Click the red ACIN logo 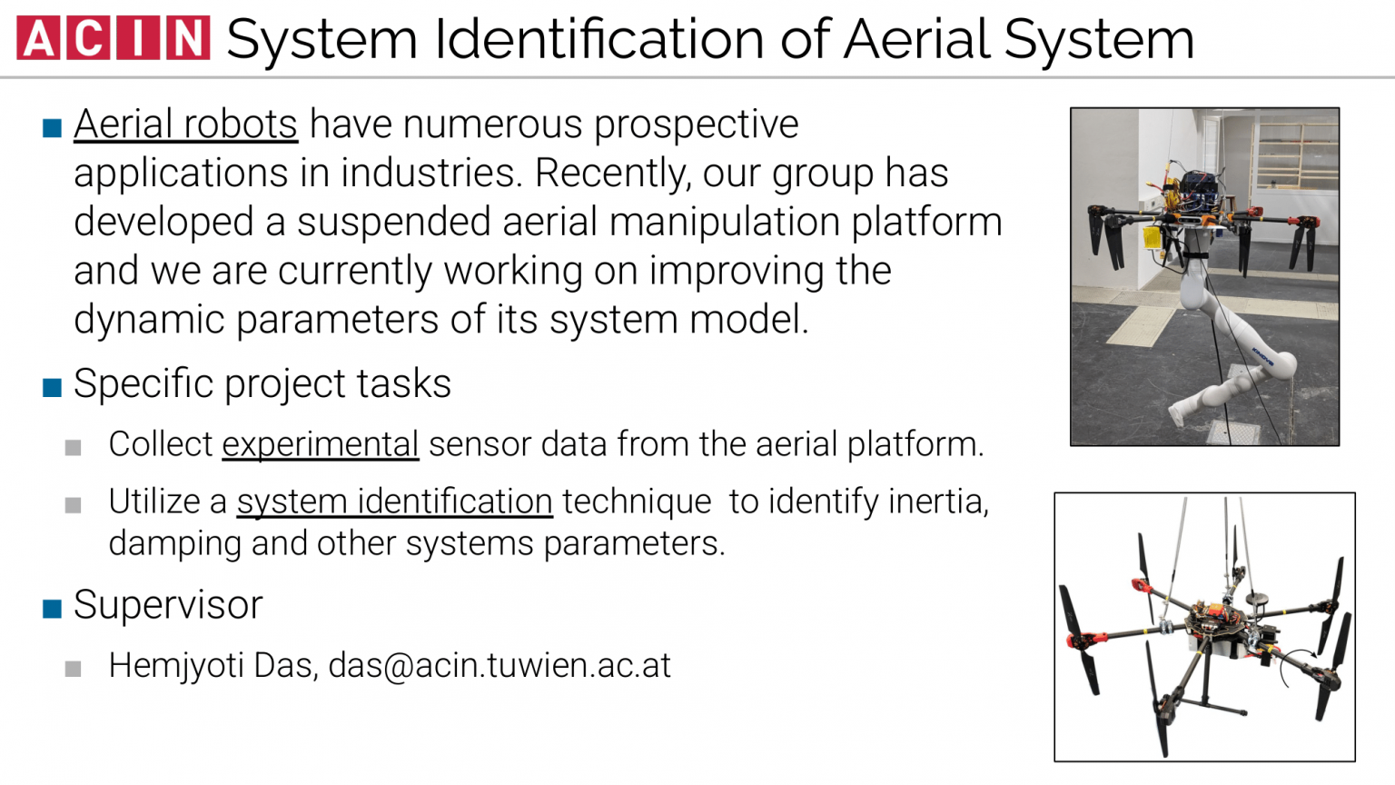coord(114,38)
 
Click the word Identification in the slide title coord(599,39)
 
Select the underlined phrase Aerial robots coord(185,124)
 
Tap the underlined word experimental coord(320,444)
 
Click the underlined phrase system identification coord(394,502)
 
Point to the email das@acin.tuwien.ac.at coord(500,666)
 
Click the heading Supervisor coord(168,605)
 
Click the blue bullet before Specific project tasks coord(52,388)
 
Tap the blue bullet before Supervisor coord(52,609)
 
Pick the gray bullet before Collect coord(74,448)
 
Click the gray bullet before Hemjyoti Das coord(74,670)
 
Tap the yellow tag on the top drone coord(1152,238)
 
